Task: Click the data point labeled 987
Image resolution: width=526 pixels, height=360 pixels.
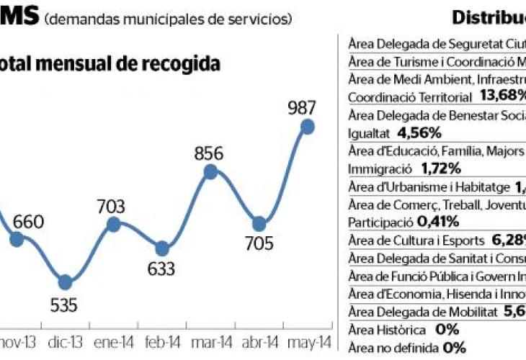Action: [308, 127]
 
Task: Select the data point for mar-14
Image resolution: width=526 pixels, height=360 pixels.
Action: [210, 171]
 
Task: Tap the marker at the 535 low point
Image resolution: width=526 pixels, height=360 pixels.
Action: [65, 282]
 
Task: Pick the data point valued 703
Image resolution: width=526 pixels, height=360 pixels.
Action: [113, 225]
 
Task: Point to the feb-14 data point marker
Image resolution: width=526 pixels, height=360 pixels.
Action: [162, 249]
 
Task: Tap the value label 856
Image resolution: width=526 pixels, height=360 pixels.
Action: [209, 153]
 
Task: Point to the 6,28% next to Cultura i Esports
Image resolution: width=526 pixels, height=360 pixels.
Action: [503, 240]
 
